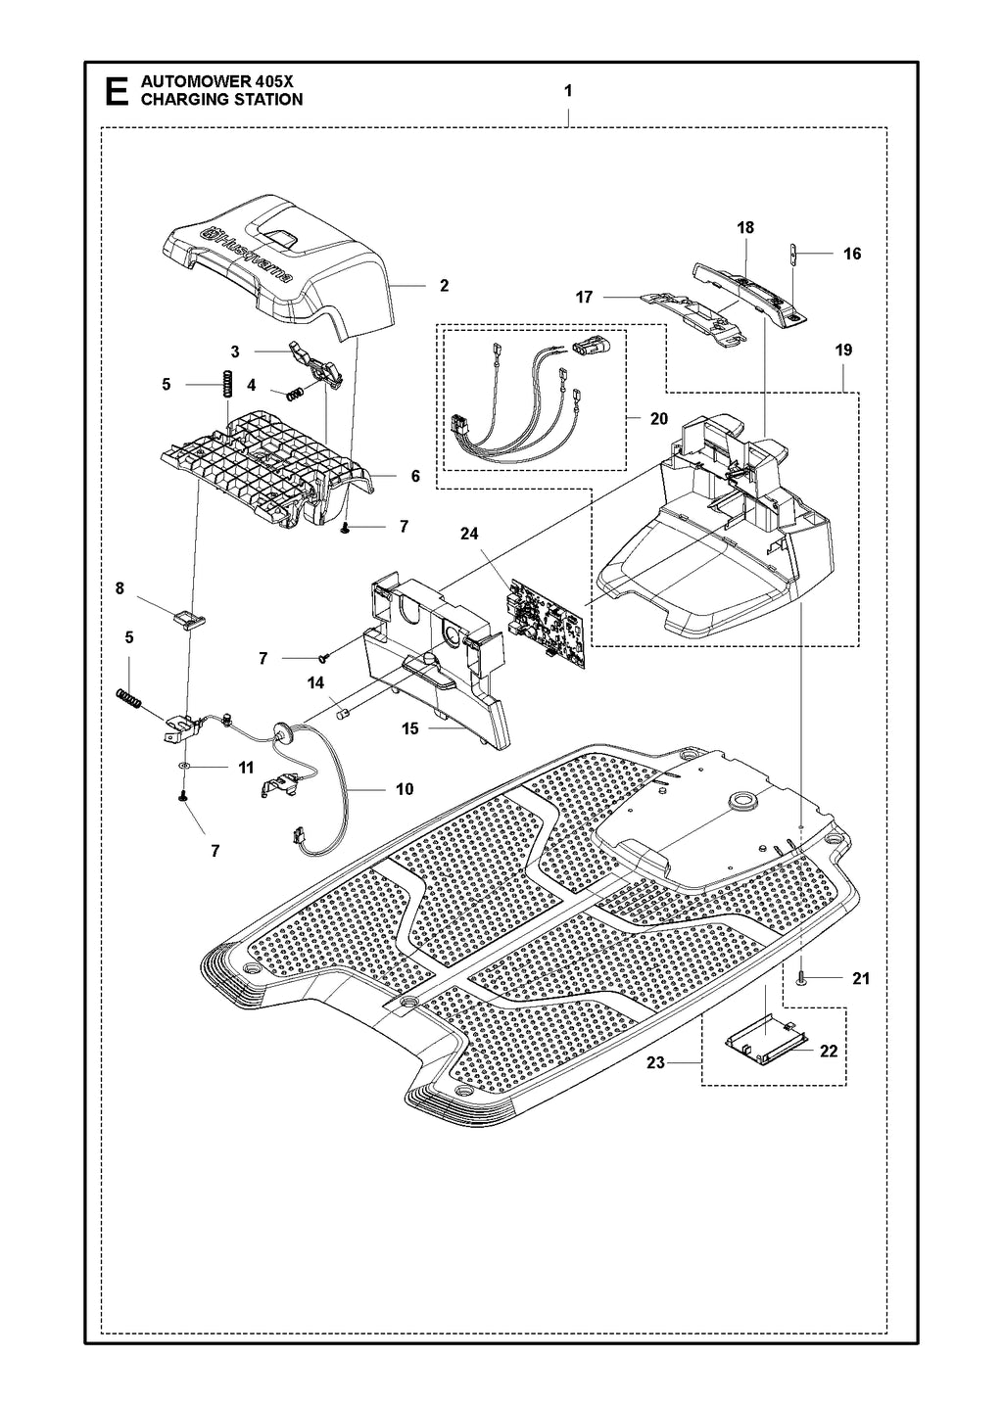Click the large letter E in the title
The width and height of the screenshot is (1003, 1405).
115,91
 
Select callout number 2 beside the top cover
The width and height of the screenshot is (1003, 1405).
444,286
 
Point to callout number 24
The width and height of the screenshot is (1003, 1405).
469,534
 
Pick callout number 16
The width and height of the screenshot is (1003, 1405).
851,254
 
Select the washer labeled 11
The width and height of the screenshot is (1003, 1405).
183,768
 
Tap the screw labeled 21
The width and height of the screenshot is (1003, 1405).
800,978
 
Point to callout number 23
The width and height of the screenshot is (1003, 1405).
655,1062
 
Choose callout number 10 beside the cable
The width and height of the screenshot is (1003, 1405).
404,789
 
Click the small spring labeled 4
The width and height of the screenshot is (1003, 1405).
294,394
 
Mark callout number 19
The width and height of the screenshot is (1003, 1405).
843,350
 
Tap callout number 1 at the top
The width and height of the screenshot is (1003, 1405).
568,89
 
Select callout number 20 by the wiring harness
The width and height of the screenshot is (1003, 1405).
658,418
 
